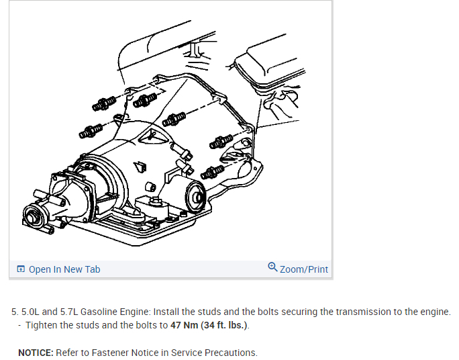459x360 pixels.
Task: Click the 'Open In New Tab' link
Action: tap(64, 269)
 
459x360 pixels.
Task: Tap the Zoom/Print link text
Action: tap(304, 269)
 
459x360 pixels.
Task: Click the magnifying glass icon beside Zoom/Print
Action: tap(272, 267)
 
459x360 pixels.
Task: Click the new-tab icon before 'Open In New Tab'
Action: tap(21, 269)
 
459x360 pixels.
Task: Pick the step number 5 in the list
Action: tap(14, 312)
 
